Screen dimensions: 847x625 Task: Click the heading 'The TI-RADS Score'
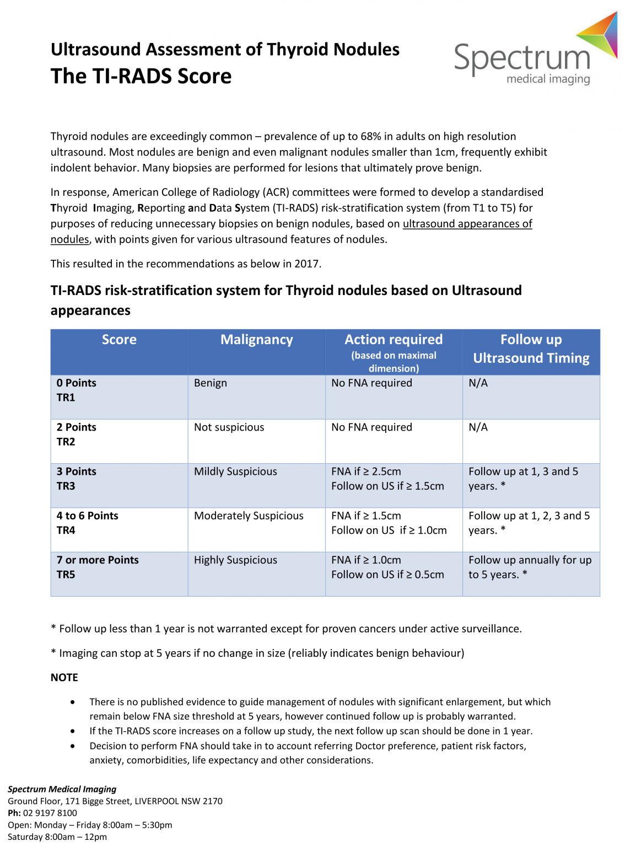141,77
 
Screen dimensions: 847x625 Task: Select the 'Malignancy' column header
256,340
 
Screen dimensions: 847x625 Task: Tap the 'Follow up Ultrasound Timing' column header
531,349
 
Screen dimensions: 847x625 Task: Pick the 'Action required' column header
394,340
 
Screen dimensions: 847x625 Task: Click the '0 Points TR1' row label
76,390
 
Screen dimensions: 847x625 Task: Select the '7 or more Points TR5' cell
98,567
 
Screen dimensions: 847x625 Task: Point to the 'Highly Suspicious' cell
235,560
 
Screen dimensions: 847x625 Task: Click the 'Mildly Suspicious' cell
235,471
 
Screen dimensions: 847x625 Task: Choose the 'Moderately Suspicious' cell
249,516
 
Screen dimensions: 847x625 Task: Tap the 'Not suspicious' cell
229,427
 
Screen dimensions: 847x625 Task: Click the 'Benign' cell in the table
210,383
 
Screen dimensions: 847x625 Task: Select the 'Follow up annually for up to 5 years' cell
530,567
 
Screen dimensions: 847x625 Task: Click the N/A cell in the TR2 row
478,427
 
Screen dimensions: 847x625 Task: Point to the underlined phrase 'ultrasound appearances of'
467,224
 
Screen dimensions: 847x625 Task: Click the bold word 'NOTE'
64,678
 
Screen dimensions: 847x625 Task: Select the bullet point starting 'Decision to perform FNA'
308,753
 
